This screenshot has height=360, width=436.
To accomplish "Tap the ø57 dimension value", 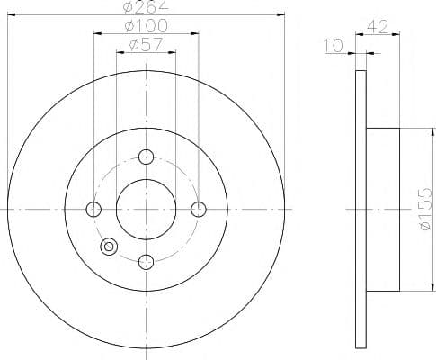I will pyautogui.click(x=146, y=46).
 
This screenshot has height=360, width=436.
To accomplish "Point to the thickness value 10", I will pyautogui.click(x=333, y=44).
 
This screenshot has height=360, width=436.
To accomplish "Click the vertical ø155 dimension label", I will pyautogui.click(x=426, y=210).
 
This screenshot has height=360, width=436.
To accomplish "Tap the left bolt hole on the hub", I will pyautogui.click(x=93, y=210).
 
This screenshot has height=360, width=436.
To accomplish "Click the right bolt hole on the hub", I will pyautogui.click(x=199, y=210).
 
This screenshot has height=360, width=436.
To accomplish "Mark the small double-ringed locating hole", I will pyautogui.click(x=110, y=246).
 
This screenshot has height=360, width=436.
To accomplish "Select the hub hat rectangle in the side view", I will pyautogui.click(x=384, y=210).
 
